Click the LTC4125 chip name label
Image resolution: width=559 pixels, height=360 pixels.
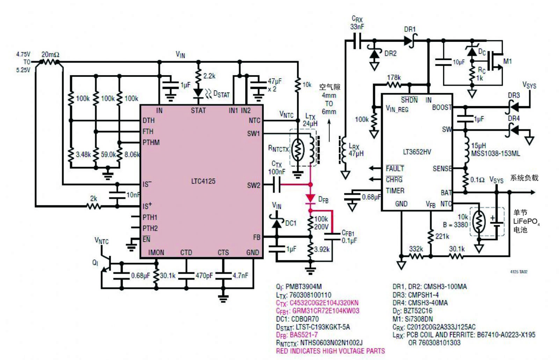tap(203, 181)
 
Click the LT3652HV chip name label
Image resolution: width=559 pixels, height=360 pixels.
tap(417, 152)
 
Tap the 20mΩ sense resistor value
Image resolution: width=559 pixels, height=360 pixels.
tap(50, 55)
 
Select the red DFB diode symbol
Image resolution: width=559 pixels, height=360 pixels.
tap(310, 199)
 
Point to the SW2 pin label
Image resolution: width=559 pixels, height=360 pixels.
tap(254, 185)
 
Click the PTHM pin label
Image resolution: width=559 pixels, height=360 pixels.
tap(151, 143)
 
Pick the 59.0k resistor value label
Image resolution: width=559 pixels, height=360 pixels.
tap(108, 154)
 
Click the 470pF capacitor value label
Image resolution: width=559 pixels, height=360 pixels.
tap(204, 276)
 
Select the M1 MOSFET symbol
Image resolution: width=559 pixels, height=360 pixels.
tap(496, 61)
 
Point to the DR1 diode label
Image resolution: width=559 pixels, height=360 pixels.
tap(410, 29)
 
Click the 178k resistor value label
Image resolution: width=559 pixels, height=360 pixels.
tap(394, 78)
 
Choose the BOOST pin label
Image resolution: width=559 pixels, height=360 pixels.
tap(442, 107)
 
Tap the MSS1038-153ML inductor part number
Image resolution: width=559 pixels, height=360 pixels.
tap(495, 153)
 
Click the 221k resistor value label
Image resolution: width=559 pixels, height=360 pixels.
tap(442, 236)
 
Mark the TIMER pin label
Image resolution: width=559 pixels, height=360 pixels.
tap(395, 191)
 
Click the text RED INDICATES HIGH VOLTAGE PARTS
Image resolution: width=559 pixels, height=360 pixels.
tap(331, 351)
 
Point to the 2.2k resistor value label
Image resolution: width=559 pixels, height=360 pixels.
tap(209, 76)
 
